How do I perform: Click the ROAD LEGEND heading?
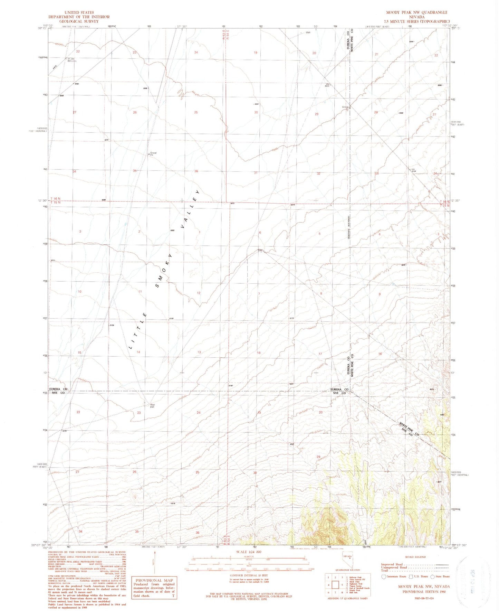pos(415,557)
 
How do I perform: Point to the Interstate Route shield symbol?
pos(384,576)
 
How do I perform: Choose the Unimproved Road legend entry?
pos(394,567)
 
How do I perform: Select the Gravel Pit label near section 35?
pos(153,153)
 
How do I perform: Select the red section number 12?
pos(199,293)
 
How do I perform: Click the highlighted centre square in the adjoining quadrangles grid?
pos(335,585)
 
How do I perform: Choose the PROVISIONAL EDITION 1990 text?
pos(424,591)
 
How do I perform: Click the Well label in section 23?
pos(152,405)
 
